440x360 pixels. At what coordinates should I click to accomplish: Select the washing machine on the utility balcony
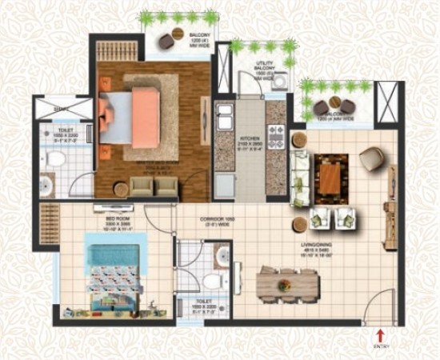pyautogui.click(x=282, y=80)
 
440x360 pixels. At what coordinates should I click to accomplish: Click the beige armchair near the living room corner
pyautogui.click(x=372, y=158)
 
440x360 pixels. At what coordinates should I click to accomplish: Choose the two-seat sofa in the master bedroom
pyautogui.click(x=154, y=185)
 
